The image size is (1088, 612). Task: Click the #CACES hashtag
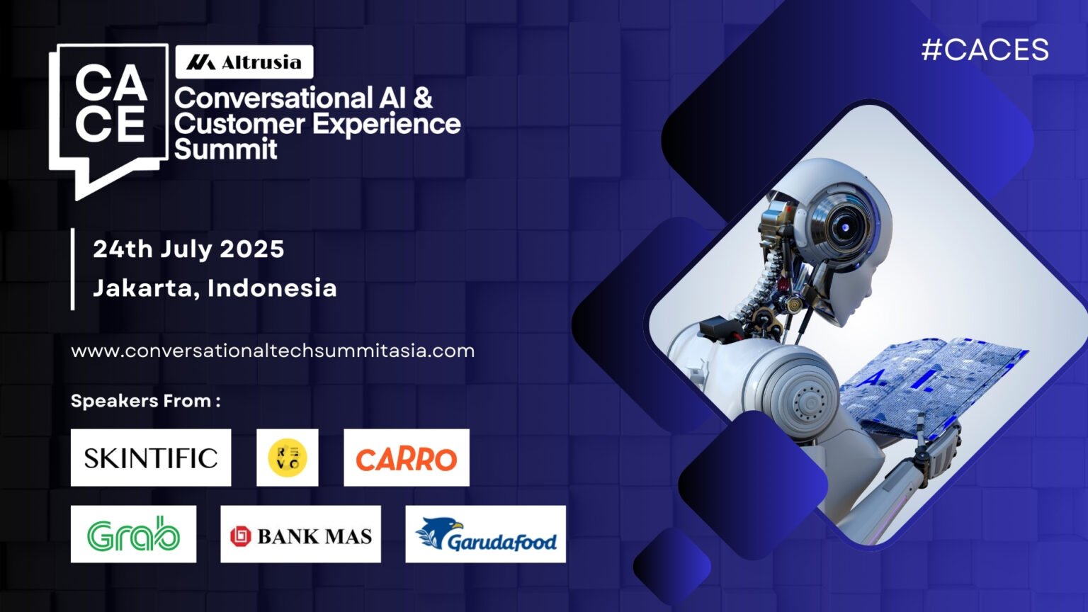[x=985, y=50]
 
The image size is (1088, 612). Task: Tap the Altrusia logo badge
[x=244, y=62]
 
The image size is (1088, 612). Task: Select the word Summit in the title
[x=226, y=149]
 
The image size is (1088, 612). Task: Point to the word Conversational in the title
[x=273, y=98]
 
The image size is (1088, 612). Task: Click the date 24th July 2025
[x=188, y=249]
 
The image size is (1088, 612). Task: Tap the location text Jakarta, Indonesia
[x=215, y=288]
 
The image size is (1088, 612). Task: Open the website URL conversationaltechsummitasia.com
[x=273, y=351]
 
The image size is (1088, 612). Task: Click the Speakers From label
[x=146, y=401]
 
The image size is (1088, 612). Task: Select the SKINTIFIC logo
[x=151, y=458]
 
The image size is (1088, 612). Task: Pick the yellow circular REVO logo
[x=287, y=458]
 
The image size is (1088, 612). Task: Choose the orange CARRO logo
[x=407, y=458]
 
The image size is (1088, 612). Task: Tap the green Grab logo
[x=133, y=534]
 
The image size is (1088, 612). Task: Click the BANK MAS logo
[x=300, y=535]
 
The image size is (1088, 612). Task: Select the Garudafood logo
[x=485, y=535]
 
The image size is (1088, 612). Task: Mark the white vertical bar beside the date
[x=73, y=269]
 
